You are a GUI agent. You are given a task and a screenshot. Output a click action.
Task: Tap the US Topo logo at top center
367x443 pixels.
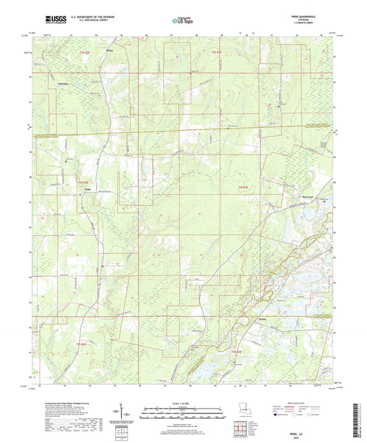182,21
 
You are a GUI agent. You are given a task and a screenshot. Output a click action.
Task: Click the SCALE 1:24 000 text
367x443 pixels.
182,402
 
